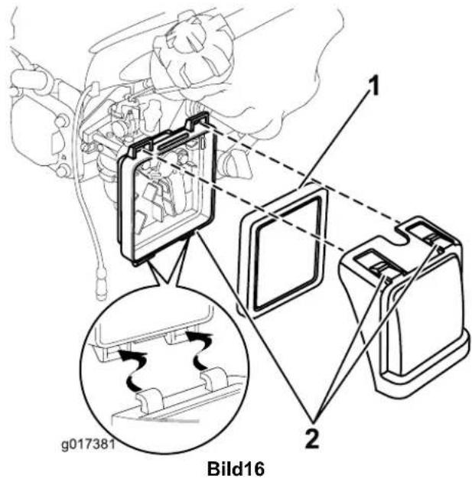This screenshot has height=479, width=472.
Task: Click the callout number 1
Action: [373, 86]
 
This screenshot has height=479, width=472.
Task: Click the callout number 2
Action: [312, 439]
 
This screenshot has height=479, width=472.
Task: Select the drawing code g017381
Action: [88, 445]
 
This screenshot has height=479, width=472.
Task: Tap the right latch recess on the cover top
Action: [428, 231]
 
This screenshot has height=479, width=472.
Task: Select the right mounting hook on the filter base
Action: [197, 119]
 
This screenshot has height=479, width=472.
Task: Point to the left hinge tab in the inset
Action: [149, 399]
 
